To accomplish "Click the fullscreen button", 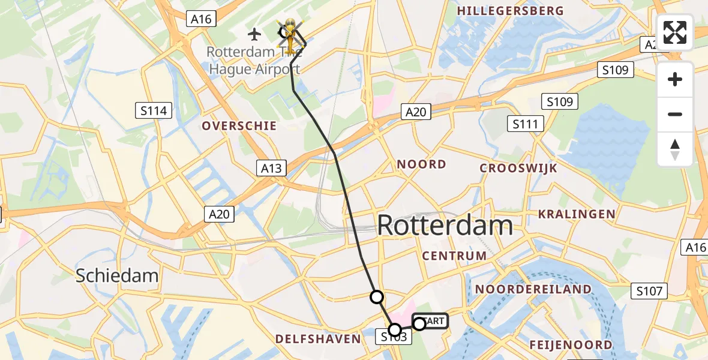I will click(675, 32).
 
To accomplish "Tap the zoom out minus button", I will click(675, 114).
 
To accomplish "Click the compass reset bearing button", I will click(675, 149).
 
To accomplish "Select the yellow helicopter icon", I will click(290, 35).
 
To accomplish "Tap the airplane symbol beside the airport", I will click(254, 32).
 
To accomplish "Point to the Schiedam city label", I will click(117, 275).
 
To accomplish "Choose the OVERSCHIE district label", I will click(239, 126).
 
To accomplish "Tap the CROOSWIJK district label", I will click(518, 168).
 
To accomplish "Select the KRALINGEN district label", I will click(577, 214).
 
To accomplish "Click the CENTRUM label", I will click(454, 256).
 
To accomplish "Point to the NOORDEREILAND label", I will click(533, 289).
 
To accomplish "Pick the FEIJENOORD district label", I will click(571, 344).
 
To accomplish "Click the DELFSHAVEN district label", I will click(318, 339).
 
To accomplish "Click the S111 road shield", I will click(526, 124).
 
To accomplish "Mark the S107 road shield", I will click(650, 292).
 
